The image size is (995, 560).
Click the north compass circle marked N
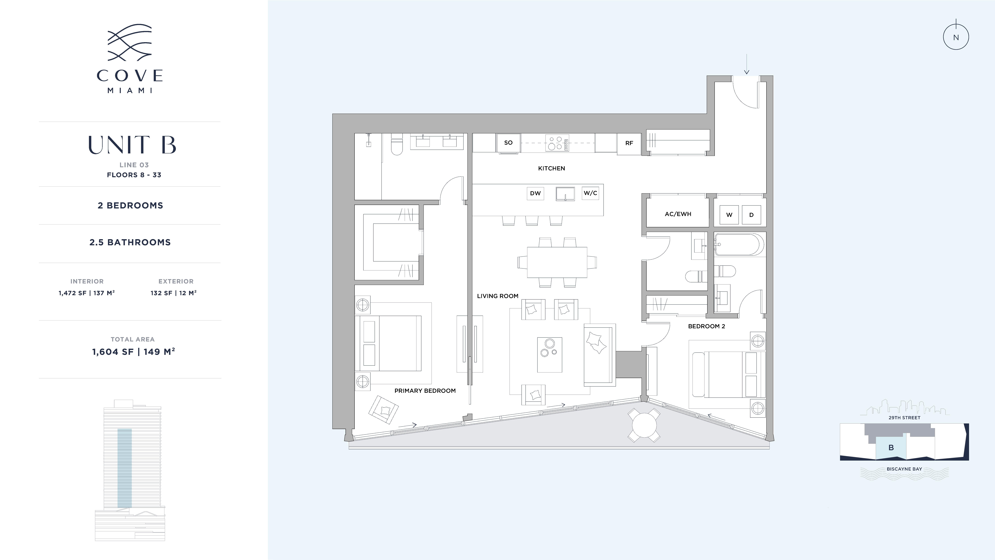tap(956, 37)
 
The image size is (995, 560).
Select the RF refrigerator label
tap(629, 143)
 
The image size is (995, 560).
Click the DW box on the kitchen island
tap(535, 193)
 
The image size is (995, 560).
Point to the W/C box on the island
tap(590, 193)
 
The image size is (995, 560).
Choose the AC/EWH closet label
tap(678, 214)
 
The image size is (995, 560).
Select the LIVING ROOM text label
tap(497, 296)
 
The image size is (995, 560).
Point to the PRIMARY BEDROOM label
tap(425, 391)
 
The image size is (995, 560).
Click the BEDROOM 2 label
tap(706, 326)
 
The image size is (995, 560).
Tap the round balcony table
tap(644, 425)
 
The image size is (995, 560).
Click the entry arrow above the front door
tap(747, 64)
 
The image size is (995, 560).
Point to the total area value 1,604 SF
tap(113, 352)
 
